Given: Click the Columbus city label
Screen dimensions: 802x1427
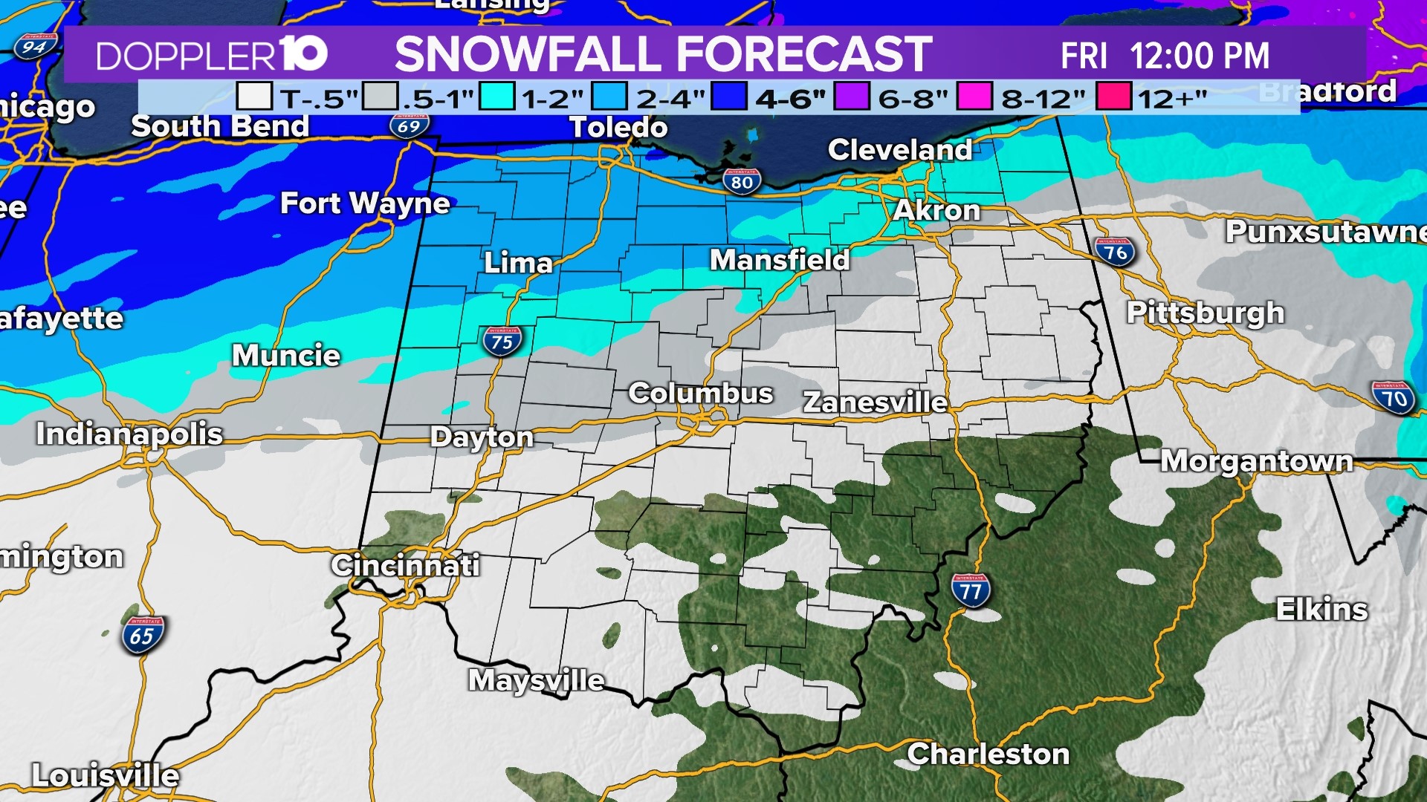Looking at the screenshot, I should pyautogui.click(x=700, y=393).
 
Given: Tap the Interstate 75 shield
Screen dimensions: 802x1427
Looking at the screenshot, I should pyautogui.click(x=502, y=341).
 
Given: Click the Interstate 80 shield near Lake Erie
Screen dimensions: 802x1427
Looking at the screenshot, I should pyautogui.click(x=742, y=181).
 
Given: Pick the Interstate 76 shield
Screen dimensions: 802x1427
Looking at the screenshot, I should pyautogui.click(x=1115, y=252).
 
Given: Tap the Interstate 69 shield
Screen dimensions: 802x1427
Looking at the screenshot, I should pyautogui.click(x=409, y=125).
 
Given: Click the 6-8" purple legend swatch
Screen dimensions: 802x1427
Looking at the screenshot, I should pyautogui.click(x=852, y=97).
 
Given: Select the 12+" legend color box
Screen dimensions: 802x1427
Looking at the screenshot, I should pyautogui.click(x=1113, y=97).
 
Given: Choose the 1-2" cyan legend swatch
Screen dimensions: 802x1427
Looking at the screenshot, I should pyautogui.click(x=496, y=97).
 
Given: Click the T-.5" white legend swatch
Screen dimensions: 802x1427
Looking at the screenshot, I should pyautogui.click(x=254, y=97).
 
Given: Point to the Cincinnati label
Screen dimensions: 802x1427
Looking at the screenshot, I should pyautogui.click(x=405, y=565).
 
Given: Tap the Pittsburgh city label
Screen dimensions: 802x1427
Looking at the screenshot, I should pyautogui.click(x=1205, y=313).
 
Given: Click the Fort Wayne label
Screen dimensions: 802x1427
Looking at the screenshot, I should pyautogui.click(x=365, y=203).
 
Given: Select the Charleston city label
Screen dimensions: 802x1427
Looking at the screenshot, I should pyautogui.click(x=988, y=754).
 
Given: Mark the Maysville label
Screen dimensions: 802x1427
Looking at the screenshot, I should pyautogui.click(x=536, y=679).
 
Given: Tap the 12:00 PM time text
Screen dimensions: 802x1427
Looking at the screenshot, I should pyautogui.click(x=1200, y=56).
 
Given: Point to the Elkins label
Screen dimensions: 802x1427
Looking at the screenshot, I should pyautogui.click(x=1321, y=610).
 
